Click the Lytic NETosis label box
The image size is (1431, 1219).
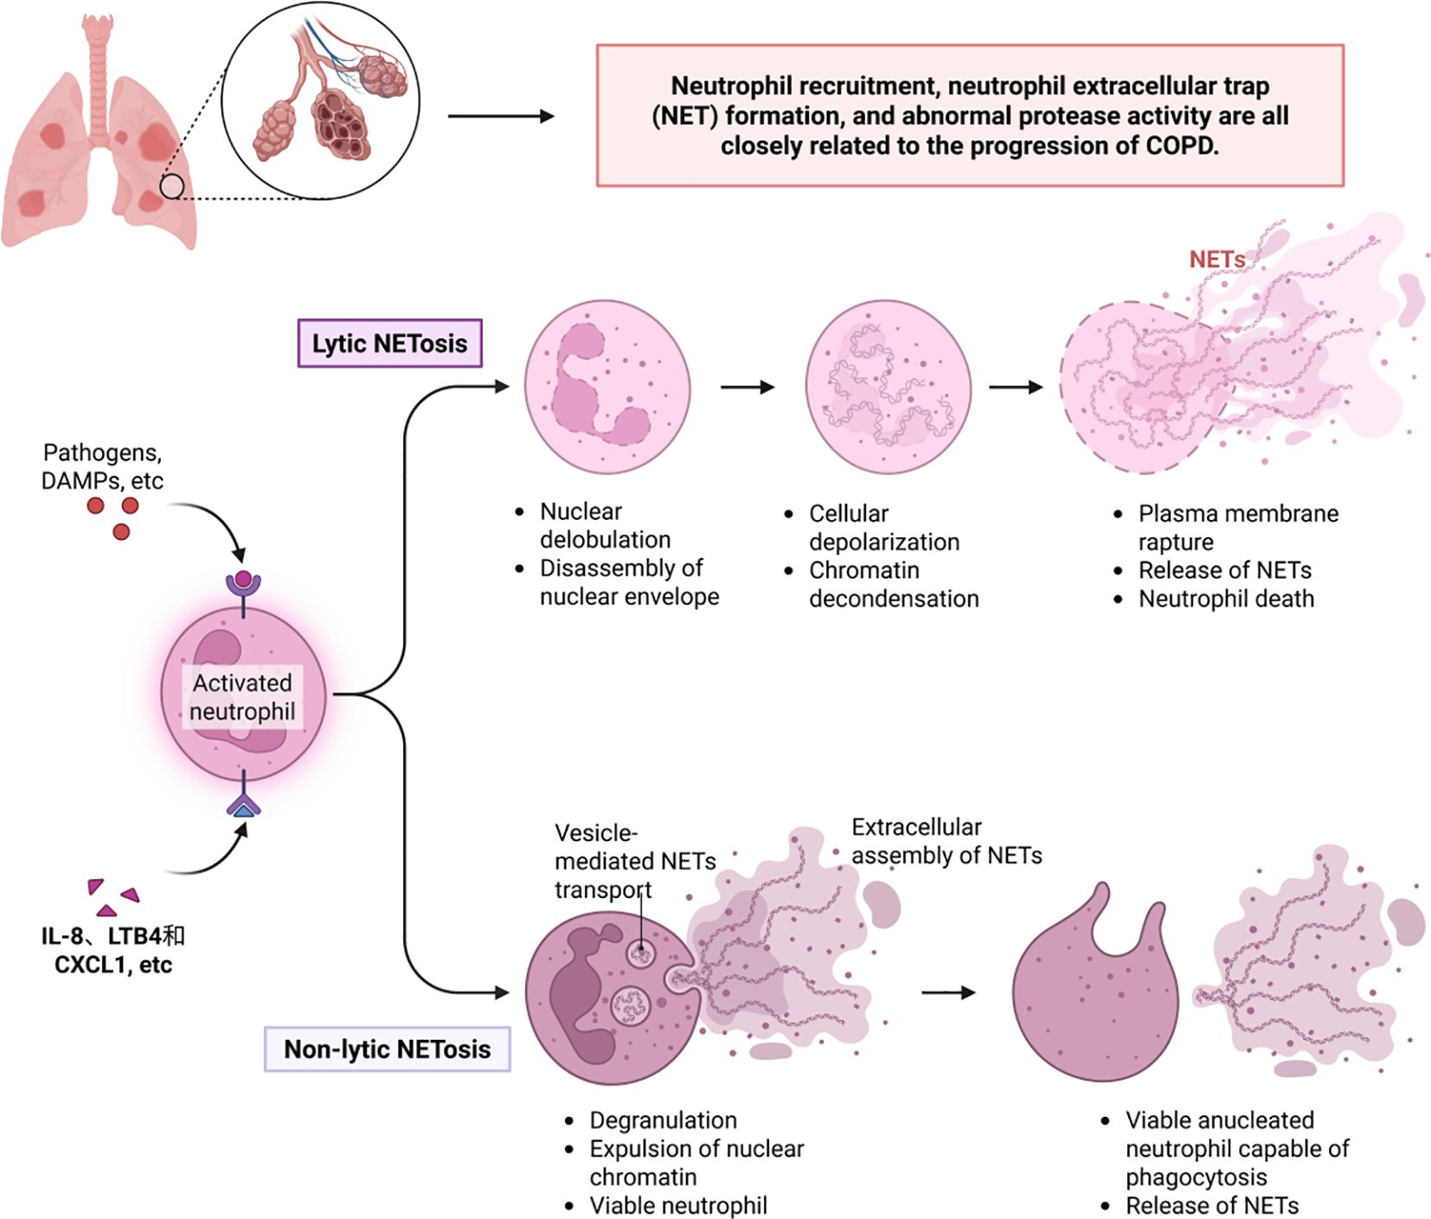pos(389,343)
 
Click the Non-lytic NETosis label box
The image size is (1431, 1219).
pos(387,1049)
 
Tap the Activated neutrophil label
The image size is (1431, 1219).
pos(242,696)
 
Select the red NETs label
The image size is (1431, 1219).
pos(1216,259)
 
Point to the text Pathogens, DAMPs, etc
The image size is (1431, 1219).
pos(102,466)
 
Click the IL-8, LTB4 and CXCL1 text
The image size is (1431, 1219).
pos(113,950)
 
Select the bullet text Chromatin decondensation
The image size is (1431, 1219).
pos(893,584)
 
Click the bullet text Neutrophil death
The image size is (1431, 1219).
pos(1225,599)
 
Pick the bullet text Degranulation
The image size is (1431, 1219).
pos(663,1120)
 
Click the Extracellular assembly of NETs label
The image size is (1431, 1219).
pos(946,841)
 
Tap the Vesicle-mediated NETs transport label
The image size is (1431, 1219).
pos(634,861)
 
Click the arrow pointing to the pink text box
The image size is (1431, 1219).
pos(500,116)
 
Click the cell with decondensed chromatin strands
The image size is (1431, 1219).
pos(888,387)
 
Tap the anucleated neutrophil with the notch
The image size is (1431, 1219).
pos(1094,995)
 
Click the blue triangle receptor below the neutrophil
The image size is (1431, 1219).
pos(244,809)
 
